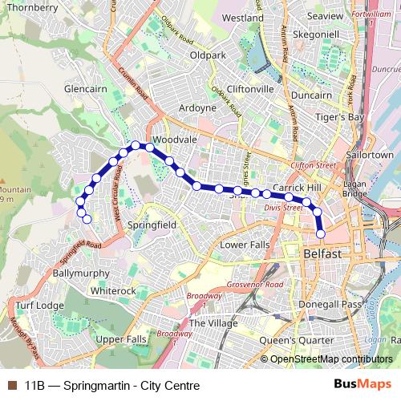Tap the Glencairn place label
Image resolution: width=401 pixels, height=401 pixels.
coord(85,87)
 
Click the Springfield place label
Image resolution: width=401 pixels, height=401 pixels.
coord(152,226)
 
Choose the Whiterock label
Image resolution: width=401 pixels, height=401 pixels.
coord(114,290)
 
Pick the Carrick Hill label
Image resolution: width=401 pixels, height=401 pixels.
coord(297,187)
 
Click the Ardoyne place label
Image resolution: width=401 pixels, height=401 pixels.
coord(197,107)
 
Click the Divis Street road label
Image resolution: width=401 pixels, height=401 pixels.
coord(284,207)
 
